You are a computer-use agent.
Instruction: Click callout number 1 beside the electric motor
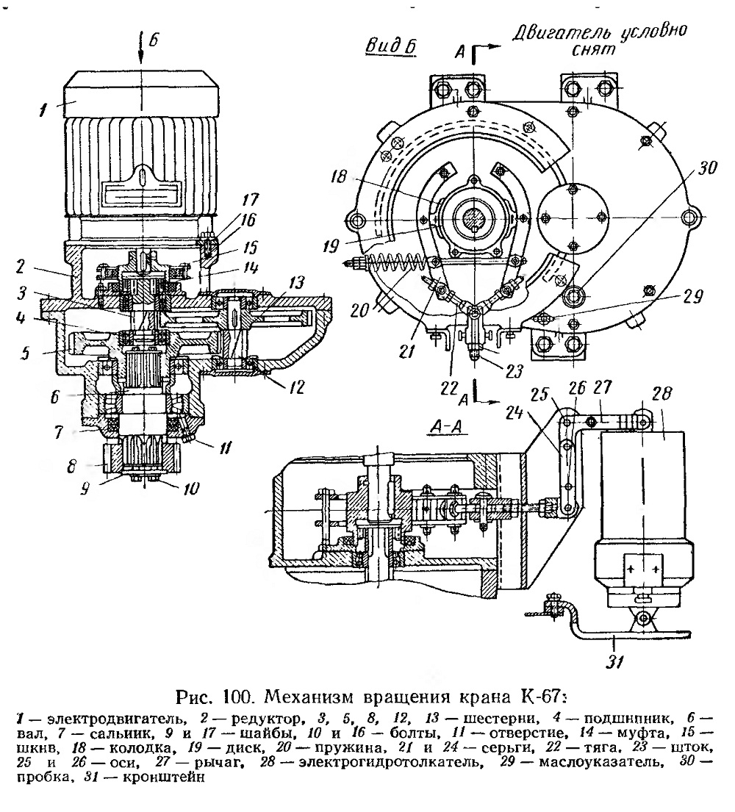pos(44,109)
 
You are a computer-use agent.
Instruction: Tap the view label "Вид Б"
pos(392,47)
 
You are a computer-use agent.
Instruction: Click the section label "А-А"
pos(448,427)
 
